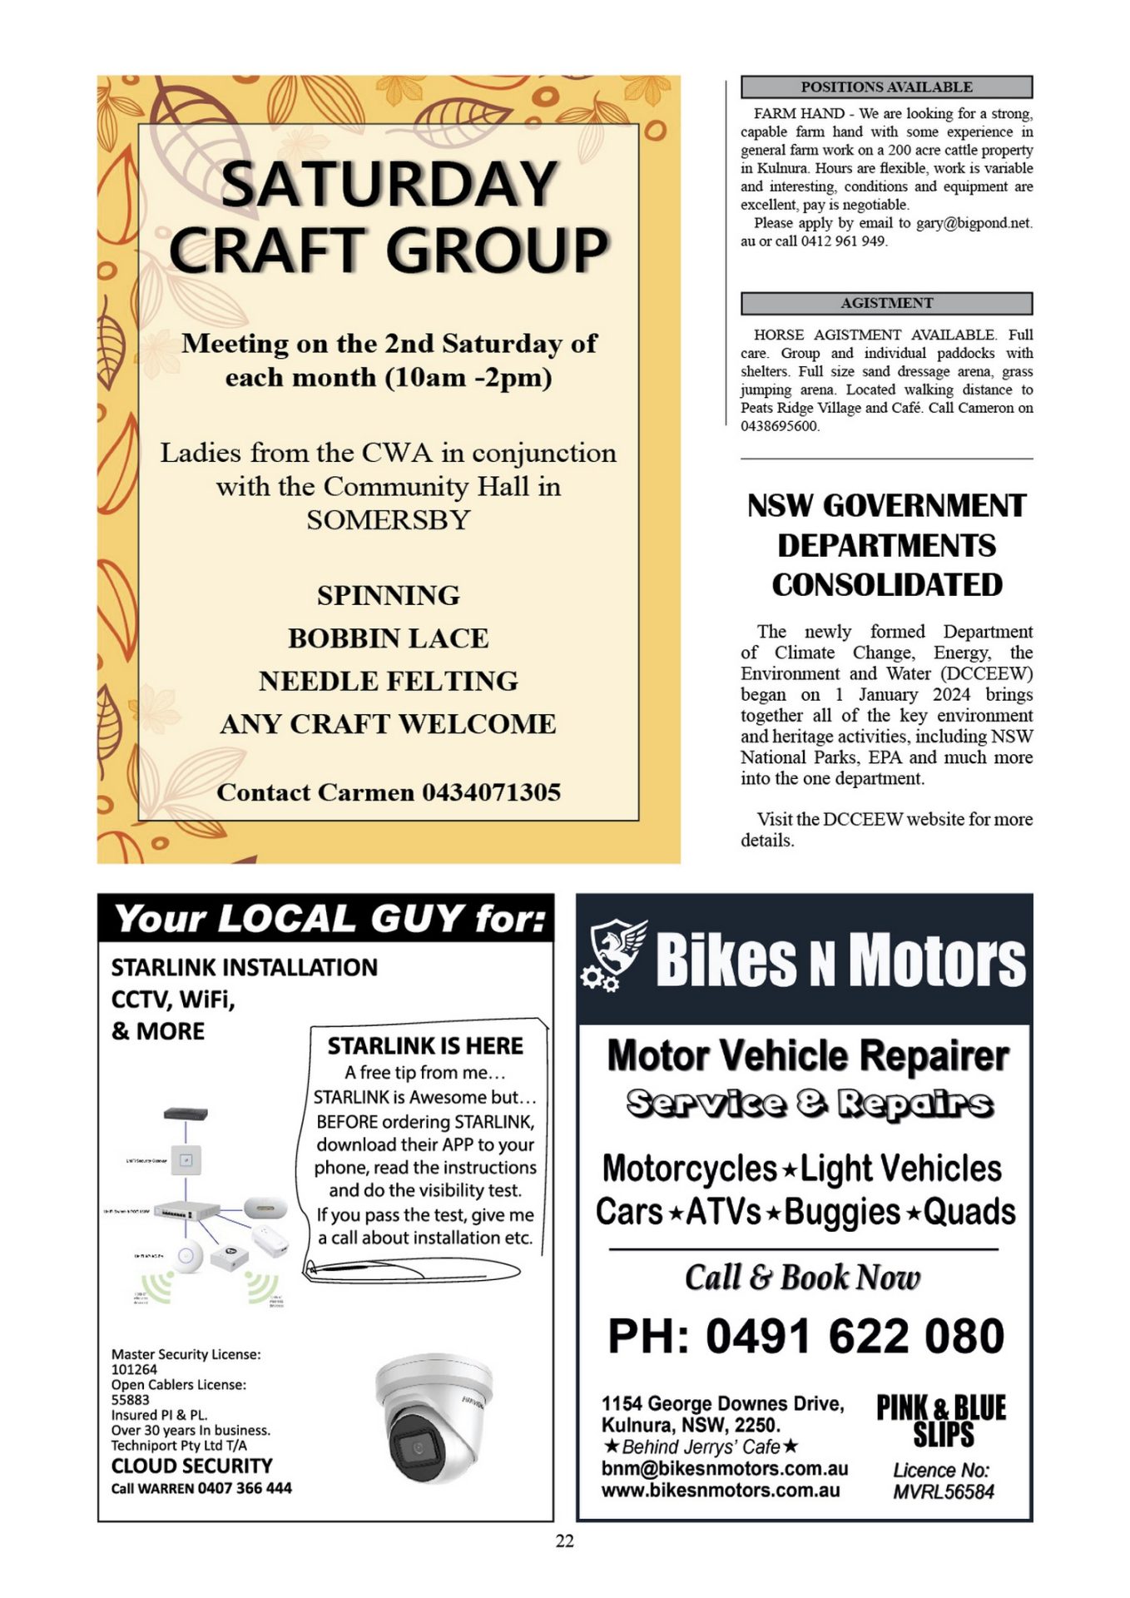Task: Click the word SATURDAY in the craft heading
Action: coord(389,184)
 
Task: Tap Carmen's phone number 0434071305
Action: coord(491,792)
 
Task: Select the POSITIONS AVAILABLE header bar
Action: coord(886,87)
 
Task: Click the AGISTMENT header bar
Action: coord(886,303)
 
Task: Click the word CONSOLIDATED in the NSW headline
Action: coord(887,584)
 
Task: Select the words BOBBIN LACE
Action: coord(389,638)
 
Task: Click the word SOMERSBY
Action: coord(389,520)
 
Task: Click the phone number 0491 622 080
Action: coord(855,1336)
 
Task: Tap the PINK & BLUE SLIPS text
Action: coord(941,1422)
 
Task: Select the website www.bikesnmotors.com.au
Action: coord(721,1490)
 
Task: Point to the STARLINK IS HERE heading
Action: coord(425,1045)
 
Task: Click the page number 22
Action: coord(565,1541)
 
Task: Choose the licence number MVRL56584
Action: coord(943,1491)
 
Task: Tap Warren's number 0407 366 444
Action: coord(245,1487)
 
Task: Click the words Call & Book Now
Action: coord(802,1278)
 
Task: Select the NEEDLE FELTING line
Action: coord(389,681)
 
